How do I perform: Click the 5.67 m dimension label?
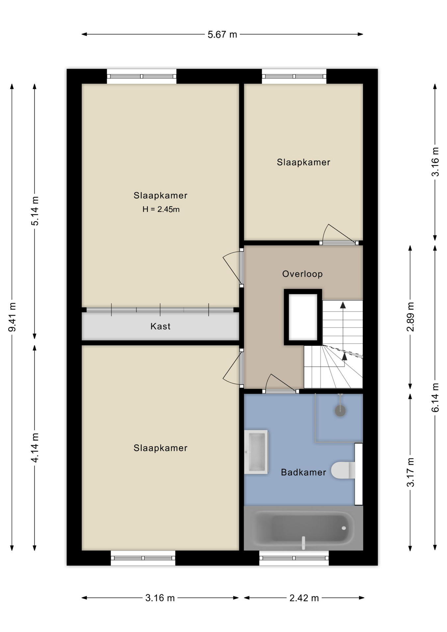click(222, 35)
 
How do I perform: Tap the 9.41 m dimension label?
click(12, 317)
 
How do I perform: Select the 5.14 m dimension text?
click(35, 211)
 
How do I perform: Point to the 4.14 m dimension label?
click(35, 448)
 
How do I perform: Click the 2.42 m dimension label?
click(304, 598)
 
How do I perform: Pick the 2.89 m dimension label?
click(410, 317)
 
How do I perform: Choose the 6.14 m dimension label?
click(435, 398)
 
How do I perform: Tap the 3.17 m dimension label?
click(410, 472)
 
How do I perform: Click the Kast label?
click(160, 326)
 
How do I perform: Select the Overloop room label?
click(302, 274)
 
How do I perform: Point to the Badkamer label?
click(303, 472)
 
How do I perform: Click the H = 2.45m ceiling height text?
click(161, 209)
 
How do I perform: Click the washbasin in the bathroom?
click(256, 452)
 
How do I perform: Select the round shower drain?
click(340, 410)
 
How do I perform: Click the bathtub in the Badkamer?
click(303, 528)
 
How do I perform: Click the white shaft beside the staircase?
click(303, 317)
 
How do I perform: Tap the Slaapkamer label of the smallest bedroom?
click(303, 162)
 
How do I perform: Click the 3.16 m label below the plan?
click(160, 598)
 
